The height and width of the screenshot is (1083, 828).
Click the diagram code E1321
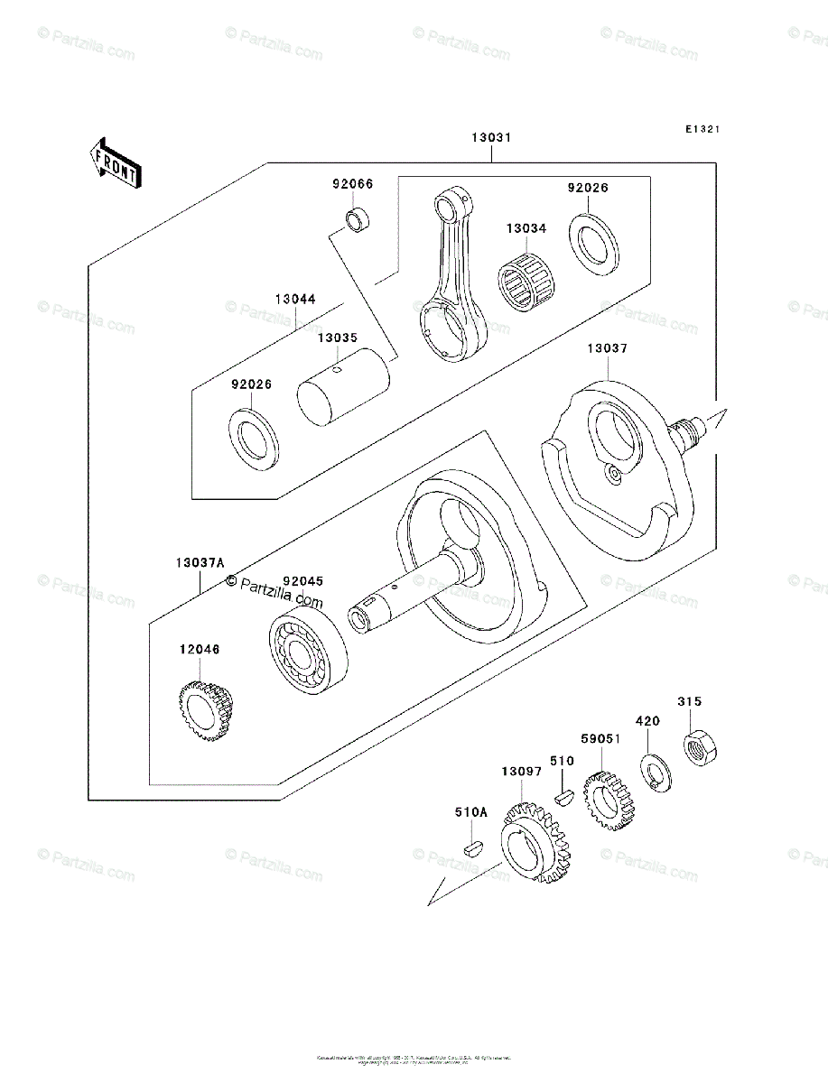(701, 130)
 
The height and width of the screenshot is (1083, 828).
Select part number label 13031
(491, 138)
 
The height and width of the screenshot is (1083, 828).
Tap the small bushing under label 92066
(358, 219)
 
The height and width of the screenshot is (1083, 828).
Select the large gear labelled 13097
(535, 842)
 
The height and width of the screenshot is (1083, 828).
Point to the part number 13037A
(200, 562)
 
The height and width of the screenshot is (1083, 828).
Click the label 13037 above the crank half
(607, 347)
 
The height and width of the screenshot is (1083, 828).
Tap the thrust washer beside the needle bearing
(593, 242)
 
